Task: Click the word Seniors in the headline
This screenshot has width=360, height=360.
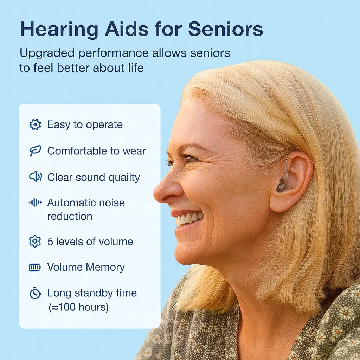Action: click(225, 29)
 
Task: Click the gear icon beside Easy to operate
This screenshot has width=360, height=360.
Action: click(35, 124)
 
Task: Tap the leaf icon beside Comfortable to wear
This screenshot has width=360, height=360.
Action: click(35, 151)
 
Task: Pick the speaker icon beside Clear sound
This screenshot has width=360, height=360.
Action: click(35, 176)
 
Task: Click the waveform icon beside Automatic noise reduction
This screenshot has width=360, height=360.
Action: click(35, 203)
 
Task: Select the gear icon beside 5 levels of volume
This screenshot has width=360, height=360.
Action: click(35, 242)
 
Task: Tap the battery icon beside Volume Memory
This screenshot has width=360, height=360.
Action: click(35, 268)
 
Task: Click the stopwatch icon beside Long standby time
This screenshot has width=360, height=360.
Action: click(35, 293)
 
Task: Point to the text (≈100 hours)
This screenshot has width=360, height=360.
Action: click(78, 307)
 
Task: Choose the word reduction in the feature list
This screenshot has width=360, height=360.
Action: click(70, 216)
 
